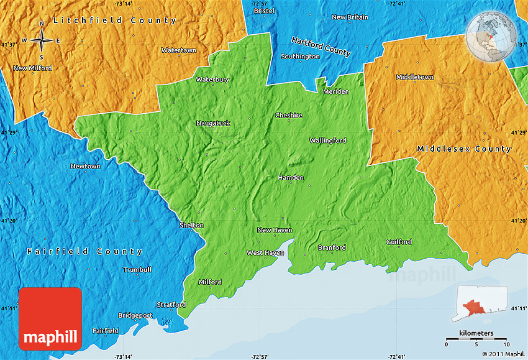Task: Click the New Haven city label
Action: click(275, 230)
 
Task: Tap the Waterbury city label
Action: click(212, 80)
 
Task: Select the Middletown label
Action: click(415, 77)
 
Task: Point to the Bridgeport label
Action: click(135, 315)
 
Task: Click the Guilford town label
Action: click(399, 242)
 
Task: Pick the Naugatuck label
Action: click(213, 123)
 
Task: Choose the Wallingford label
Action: click(328, 141)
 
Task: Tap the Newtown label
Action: click(85, 167)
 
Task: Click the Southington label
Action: click(300, 57)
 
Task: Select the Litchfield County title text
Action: click(115, 21)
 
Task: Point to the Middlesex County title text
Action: click(464, 149)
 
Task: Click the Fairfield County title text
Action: click(84, 252)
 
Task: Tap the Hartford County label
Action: click(321, 46)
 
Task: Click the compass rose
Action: click(42, 40)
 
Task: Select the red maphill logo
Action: click(50, 318)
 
